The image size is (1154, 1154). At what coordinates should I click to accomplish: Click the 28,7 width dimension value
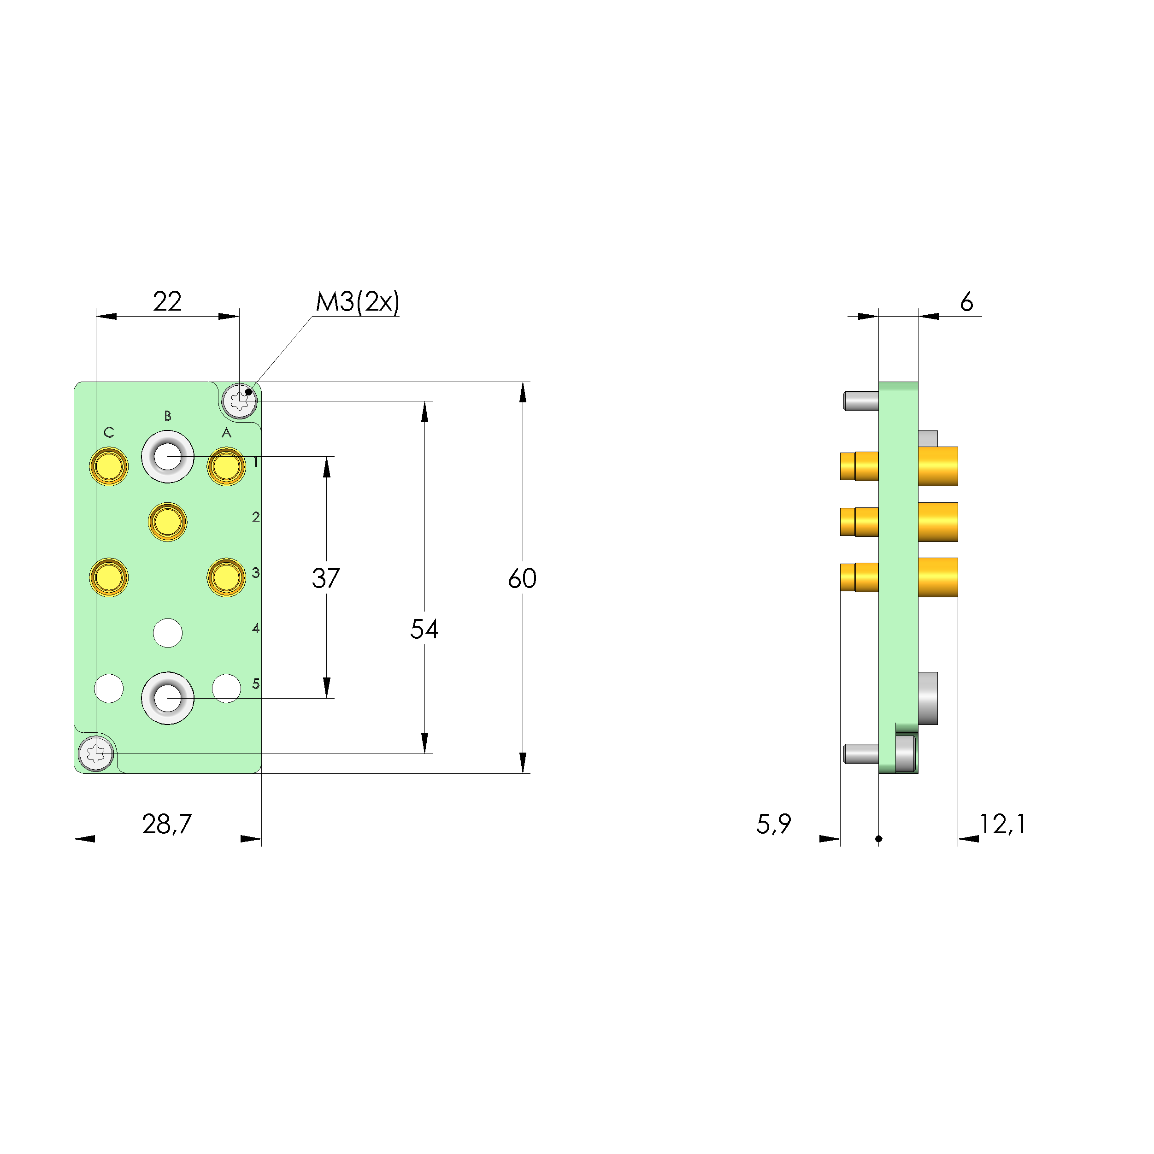point(167,824)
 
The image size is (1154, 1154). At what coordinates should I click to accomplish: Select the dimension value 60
point(522,578)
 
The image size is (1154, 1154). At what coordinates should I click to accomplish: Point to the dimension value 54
point(424,629)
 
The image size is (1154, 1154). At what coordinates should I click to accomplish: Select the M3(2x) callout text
point(357,302)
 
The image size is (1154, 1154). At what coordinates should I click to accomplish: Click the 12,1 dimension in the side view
point(1002,824)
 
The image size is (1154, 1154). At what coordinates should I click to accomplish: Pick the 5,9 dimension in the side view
point(773,824)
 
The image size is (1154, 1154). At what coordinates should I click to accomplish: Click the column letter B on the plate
point(168,416)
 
